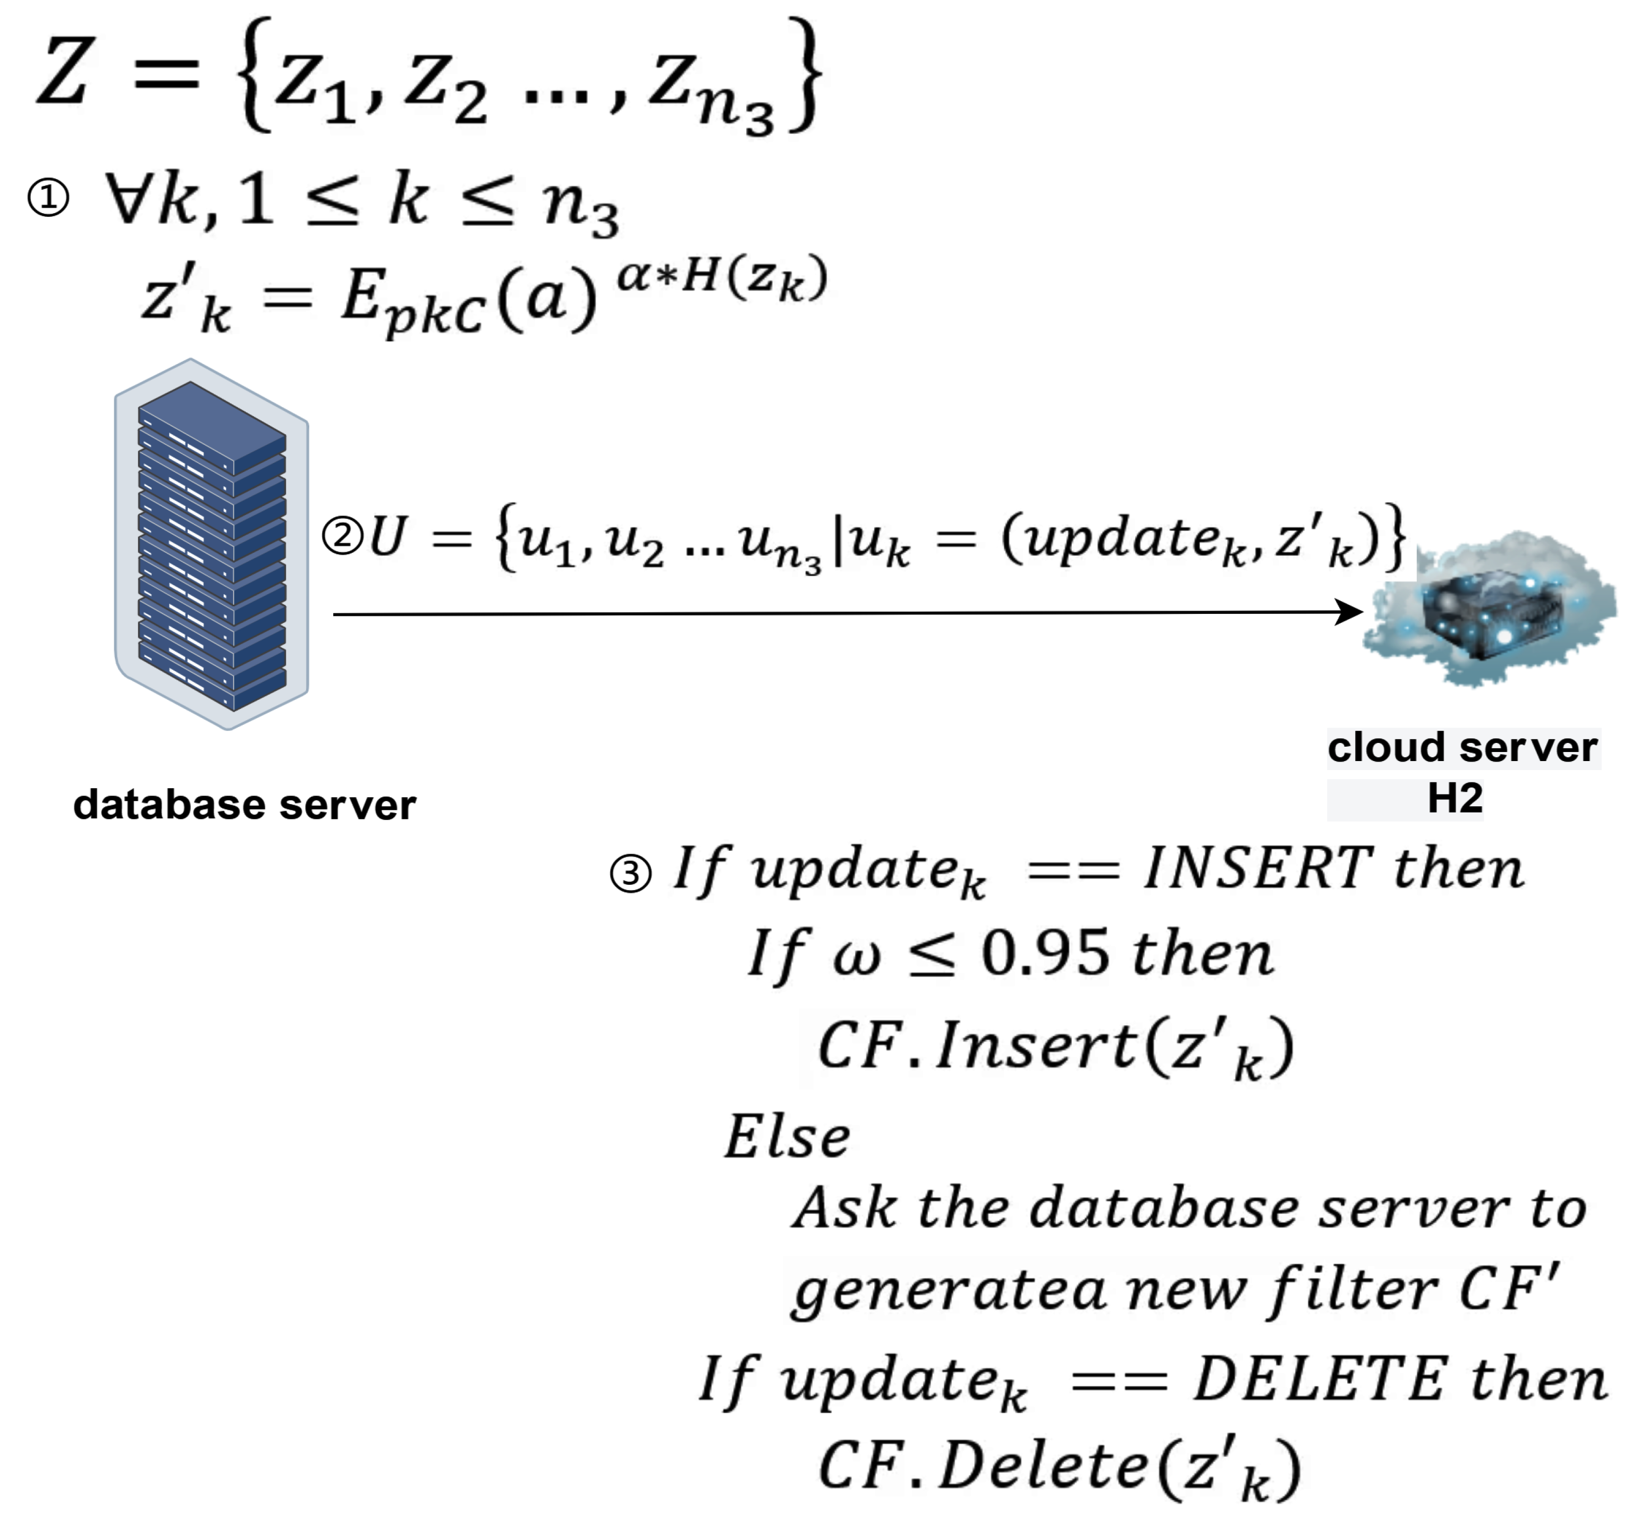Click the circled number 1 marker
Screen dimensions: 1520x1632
(x=48, y=199)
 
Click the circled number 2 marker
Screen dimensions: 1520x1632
(x=342, y=536)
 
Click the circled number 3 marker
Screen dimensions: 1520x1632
(x=630, y=873)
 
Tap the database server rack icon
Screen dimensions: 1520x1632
(x=212, y=544)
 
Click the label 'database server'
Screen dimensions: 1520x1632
(x=244, y=805)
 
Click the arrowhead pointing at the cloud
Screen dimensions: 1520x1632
(x=1349, y=612)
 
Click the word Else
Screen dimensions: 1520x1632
(x=787, y=1137)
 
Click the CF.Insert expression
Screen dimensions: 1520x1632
(x=1055, y=1047)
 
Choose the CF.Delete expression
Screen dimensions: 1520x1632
(x=1059, y=1467)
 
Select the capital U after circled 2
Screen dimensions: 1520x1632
(x=387, y=538)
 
